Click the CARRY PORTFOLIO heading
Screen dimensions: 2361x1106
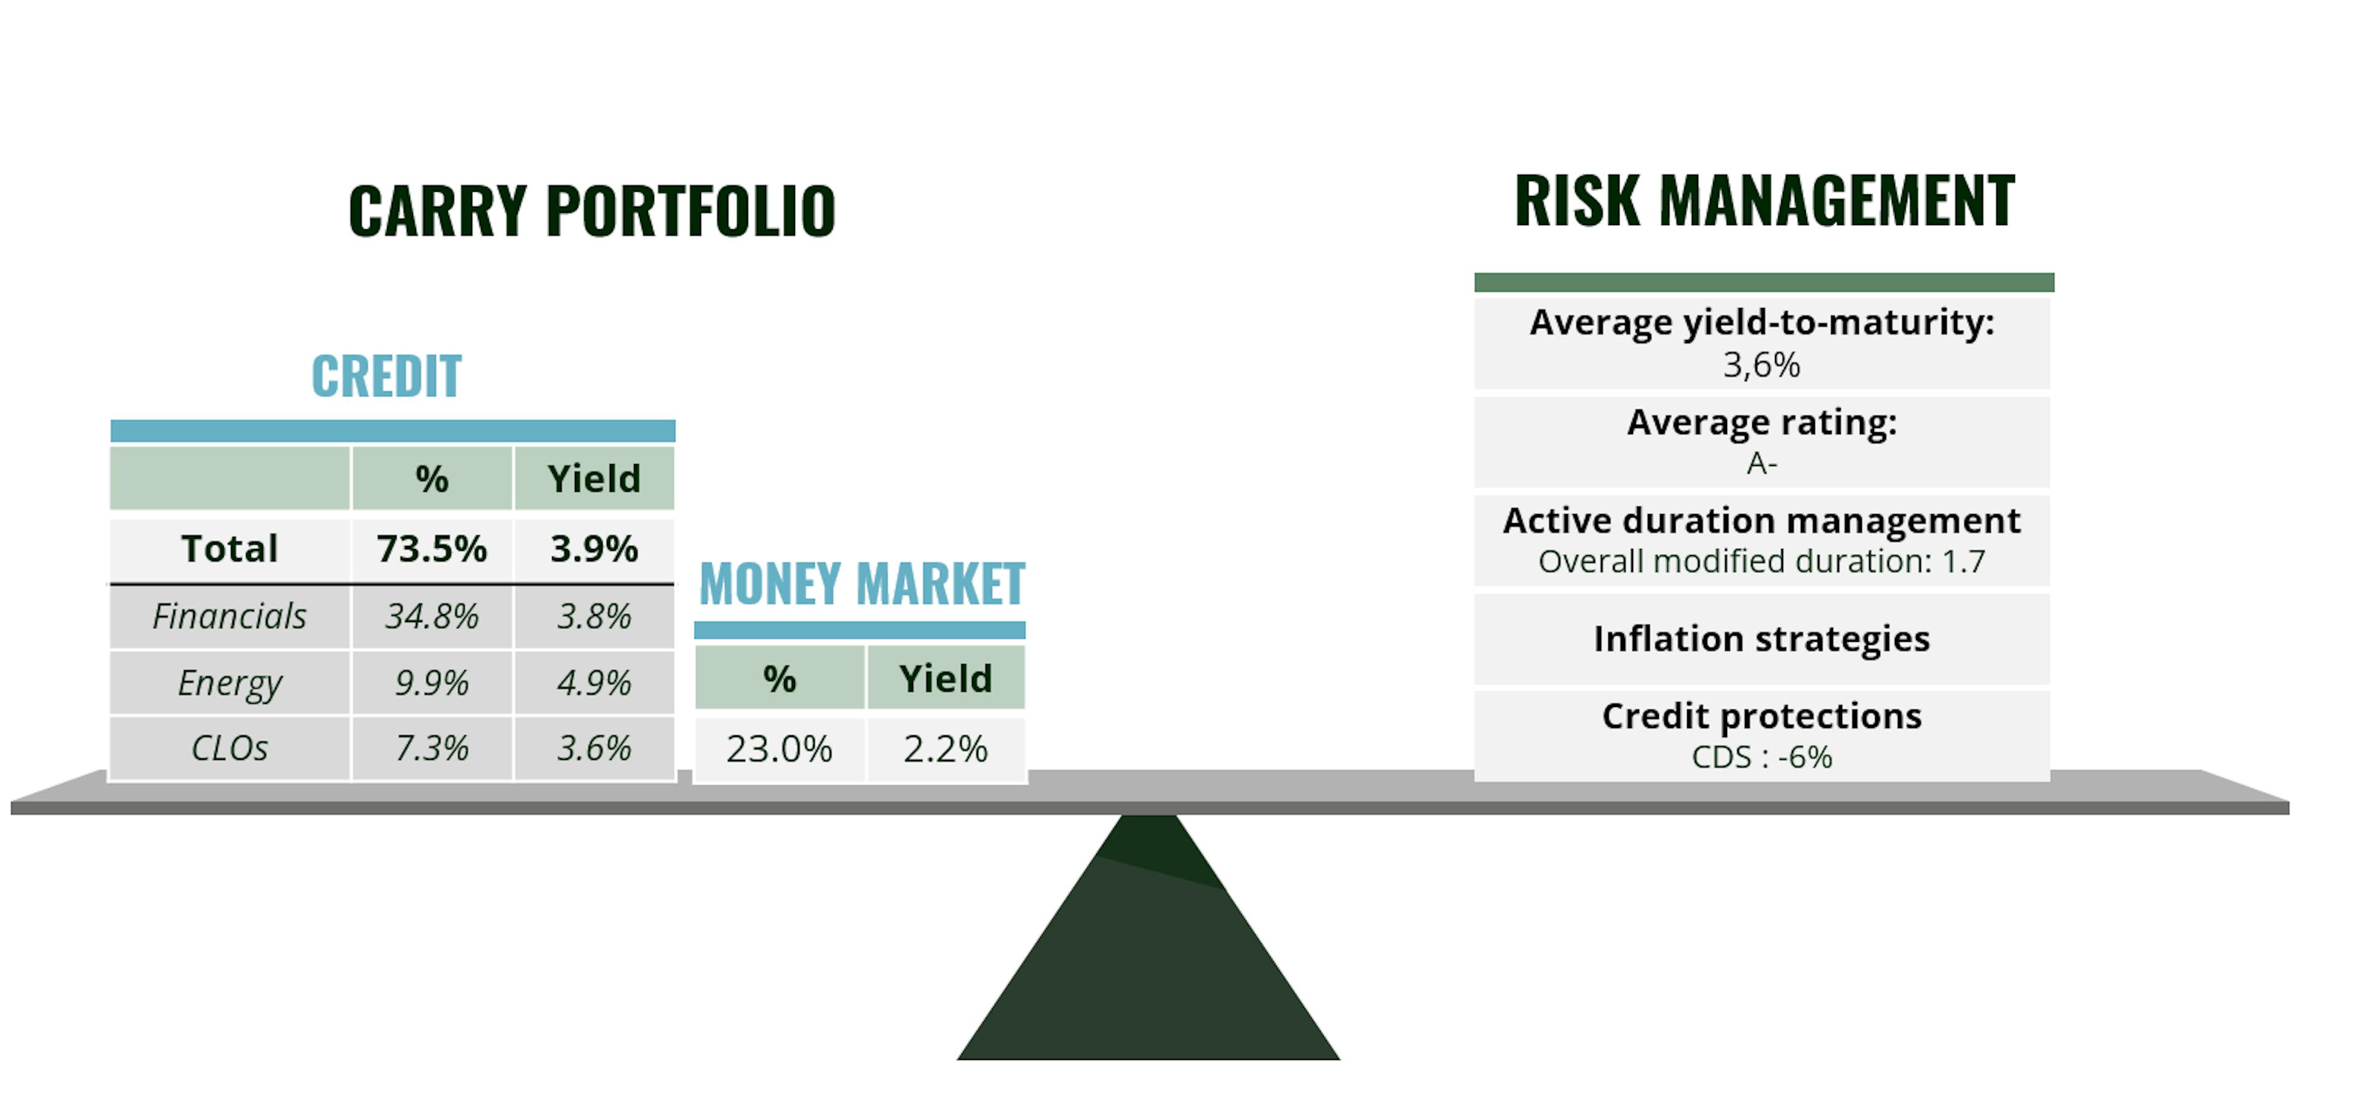pyautogui.click(x=592, y=211)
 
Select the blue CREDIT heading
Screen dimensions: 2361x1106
pyautogui.click(x=387, y=376)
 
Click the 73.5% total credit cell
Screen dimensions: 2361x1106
pyautogui.click(x=432, y=549)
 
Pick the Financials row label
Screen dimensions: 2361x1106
pyautogui.click(x=229, y=616)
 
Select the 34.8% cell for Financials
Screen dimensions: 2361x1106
pyautogui.click(x=432, y=616)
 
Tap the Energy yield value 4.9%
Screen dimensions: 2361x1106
pyautogui.click(x=594, y=682)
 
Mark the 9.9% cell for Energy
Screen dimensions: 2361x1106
pyautogui.click(x=432, y=682)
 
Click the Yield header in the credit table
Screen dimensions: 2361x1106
pyautogui.click(x=594, y=478)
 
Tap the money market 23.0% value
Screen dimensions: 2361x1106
pyautogui.click(x=779, y=749)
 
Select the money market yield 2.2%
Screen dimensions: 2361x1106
pyautogui.click(x=945, y=749)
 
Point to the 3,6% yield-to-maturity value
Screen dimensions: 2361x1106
pyautogui.click(x=1762, y=365)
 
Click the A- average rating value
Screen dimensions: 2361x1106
pyautogui.click(x=1762, y=464)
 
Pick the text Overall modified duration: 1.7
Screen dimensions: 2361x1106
pyautogui.click(x=1762, y=561)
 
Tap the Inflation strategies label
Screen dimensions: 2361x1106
pyautogui.click(x=1762, y=639)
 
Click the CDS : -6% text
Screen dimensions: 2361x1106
pyautogui.click(x=1762, y=757)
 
